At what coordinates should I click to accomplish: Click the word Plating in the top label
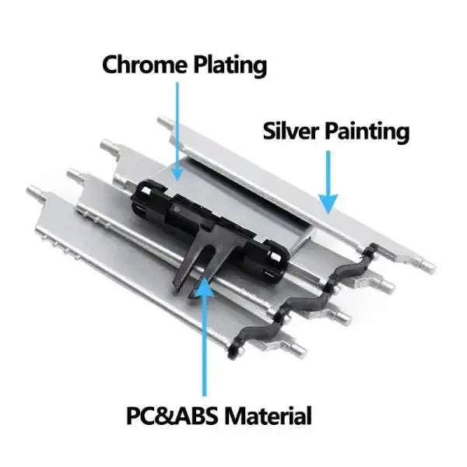[226, 65]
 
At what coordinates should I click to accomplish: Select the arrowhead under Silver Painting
[329, 203]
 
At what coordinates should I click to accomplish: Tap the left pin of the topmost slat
[165, 122]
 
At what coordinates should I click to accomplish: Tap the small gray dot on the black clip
[181, 210]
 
